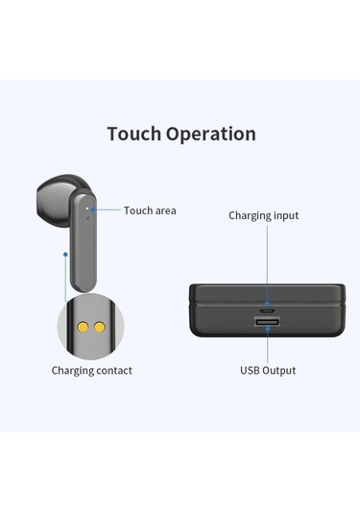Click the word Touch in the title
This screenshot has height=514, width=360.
[x=133, y=134]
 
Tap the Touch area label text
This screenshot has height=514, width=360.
[x=150, y=210]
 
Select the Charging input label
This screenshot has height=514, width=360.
[x=263, y=215]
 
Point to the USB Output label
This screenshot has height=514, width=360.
[x=267, y=370]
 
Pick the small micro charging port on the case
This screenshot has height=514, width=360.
[x=268, y=311]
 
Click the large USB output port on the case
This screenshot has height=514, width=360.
[x=268, y=323]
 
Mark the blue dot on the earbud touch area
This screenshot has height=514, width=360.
[x=92, y=208]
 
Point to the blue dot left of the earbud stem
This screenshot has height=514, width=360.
[x=64, y=256]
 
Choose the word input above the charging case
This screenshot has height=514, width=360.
[x=284, y=215]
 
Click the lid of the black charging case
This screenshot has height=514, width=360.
[x=268, y=292]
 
